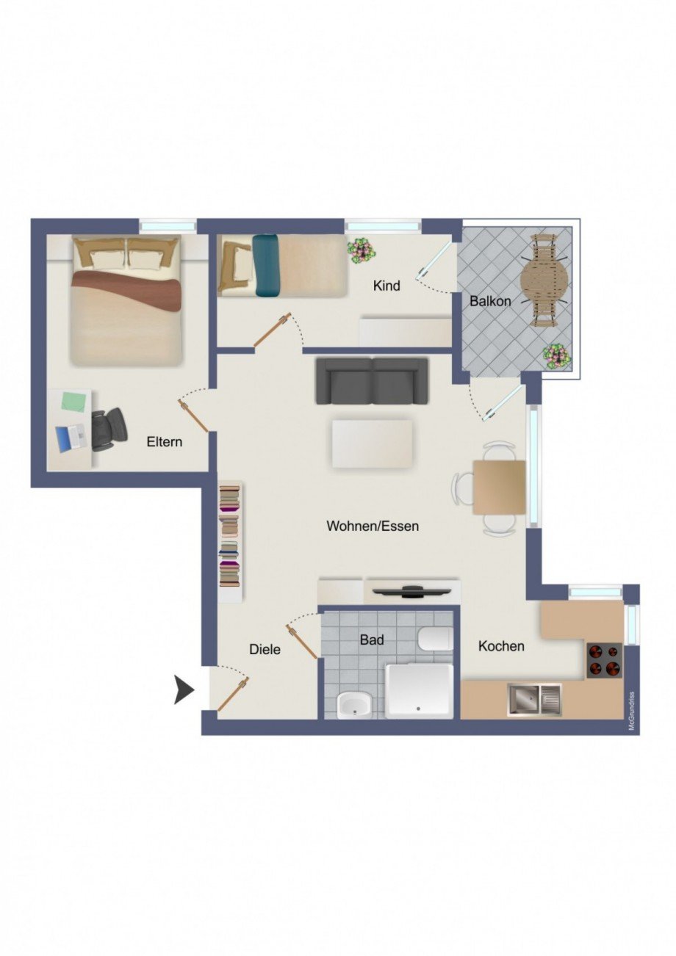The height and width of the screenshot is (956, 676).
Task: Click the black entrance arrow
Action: click(184, 691)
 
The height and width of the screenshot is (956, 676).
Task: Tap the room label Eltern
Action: click(164, 442)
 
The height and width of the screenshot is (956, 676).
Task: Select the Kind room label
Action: click(386, 286)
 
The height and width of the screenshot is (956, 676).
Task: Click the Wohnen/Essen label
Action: click(373, 526)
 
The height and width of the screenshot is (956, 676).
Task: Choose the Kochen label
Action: click(501, 646)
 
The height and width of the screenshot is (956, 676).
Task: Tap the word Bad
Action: click(371, 640)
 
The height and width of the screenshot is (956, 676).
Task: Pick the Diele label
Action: click(265, 649)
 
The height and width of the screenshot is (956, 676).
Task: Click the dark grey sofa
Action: click(372, 380)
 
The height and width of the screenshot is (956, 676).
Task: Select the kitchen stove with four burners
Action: click(604, 660)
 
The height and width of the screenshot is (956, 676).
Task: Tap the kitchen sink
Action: click(533, 699)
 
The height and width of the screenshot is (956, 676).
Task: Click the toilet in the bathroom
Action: click(436, 638)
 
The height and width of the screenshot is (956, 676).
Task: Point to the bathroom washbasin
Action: click(354, 706)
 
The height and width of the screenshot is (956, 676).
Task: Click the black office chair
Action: click(109, 428)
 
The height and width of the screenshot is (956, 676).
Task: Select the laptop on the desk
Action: click(68, 438)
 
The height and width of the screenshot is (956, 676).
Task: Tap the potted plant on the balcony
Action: click(556, 356)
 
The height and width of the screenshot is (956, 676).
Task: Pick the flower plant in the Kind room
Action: click(361, 250)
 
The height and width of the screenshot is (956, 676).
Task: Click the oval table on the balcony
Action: click(544, 279)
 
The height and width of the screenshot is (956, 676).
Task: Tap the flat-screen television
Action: click(411, 590)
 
